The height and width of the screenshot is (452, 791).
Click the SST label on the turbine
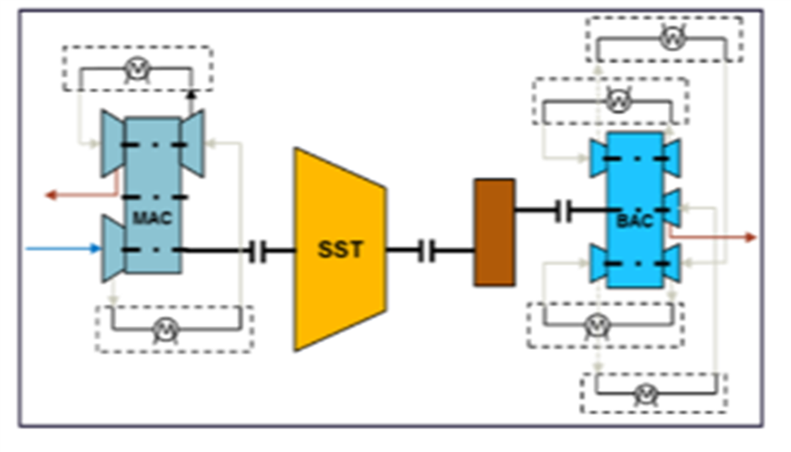[339, 250]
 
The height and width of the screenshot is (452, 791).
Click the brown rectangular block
[494, 232]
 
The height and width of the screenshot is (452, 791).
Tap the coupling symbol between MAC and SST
[258, 252]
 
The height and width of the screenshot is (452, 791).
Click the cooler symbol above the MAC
[136, 68]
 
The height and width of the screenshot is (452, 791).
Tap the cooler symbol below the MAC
[164, 329]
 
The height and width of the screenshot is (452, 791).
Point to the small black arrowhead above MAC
[192, 94]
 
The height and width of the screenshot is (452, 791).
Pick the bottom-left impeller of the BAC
[600, 264]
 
